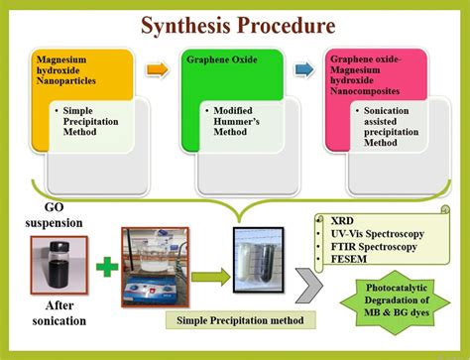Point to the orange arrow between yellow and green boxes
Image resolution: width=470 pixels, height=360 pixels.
tap(156, 71)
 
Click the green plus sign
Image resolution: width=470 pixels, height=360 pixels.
tap(102, 267)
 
